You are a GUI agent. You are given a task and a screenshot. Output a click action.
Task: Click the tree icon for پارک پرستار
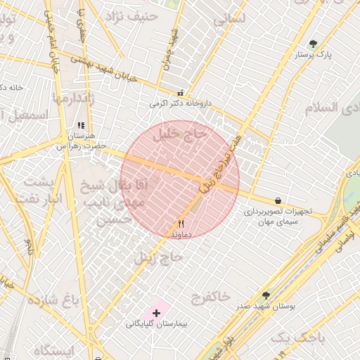[x=313, y=44]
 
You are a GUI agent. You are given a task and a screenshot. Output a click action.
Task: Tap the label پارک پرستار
[x=314, y=54]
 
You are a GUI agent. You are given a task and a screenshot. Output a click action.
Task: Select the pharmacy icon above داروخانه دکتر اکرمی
[x=181, y=92]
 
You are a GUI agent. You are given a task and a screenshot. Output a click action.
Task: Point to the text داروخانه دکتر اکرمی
[x=180, y=103]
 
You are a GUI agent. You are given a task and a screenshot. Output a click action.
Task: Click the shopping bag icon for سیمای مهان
[x=278, y=201]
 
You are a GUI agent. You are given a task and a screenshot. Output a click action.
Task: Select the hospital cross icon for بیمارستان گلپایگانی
[x=156, y=312]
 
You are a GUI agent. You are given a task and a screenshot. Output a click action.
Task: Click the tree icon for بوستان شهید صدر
[x=266, y=296]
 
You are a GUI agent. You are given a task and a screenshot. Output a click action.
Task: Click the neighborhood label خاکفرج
[x=210, y=297]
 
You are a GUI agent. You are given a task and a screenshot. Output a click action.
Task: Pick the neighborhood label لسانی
[x=230, y=20]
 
